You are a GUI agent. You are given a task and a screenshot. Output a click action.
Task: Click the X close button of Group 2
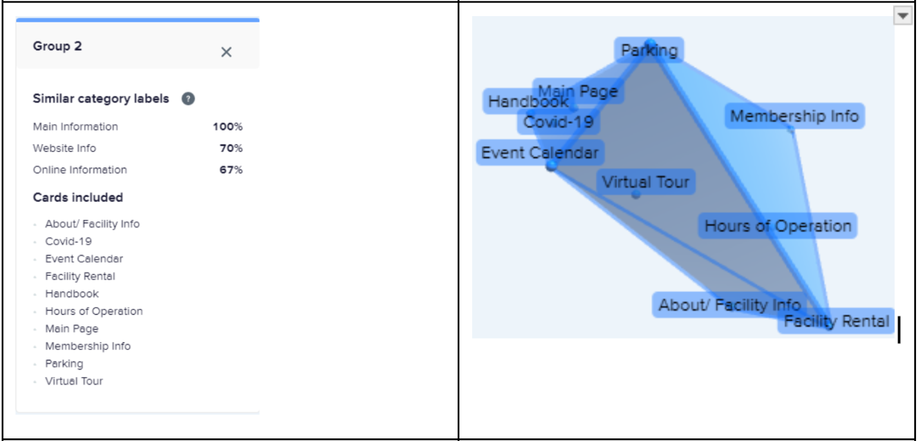[x=226, y=52]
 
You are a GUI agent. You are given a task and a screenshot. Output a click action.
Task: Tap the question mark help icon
[x=188, y=99]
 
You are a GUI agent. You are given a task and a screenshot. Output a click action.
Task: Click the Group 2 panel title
[x=57, y=46]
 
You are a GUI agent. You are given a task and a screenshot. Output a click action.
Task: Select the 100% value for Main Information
[x=228, y=127]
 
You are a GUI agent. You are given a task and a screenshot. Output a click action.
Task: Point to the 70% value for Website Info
[x=231, y=148]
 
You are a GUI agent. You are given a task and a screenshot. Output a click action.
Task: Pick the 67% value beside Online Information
[x=231, y=170]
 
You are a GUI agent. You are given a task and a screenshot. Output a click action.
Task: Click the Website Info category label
[x=64, y=148]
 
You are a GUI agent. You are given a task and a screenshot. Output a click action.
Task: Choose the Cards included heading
[x=78, y=198]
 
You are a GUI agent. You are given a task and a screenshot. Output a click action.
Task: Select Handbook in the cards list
[x=72, y=294]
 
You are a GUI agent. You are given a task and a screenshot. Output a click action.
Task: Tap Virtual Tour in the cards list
[x=74, y=381]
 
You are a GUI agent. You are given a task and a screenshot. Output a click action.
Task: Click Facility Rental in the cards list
[x=80, y=277]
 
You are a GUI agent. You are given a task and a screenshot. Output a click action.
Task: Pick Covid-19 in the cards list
[x=68, y=241]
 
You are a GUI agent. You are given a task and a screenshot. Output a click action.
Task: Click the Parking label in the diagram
[x=649, y=50]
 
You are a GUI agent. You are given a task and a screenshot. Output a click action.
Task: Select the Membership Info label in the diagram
[x=795, y=116]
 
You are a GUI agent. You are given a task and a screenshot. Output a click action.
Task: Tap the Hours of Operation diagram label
[x=778, y=226]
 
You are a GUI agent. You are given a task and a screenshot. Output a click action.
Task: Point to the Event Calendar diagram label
[x=540, y=153]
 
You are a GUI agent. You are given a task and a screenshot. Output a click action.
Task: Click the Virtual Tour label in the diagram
[x=646, y=182]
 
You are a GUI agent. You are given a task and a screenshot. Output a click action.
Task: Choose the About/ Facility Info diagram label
[x=729, y=305]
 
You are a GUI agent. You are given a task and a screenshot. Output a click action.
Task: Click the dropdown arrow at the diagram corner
[x=903, y=16]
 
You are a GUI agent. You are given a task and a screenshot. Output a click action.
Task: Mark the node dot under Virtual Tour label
[x=636, y=195]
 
